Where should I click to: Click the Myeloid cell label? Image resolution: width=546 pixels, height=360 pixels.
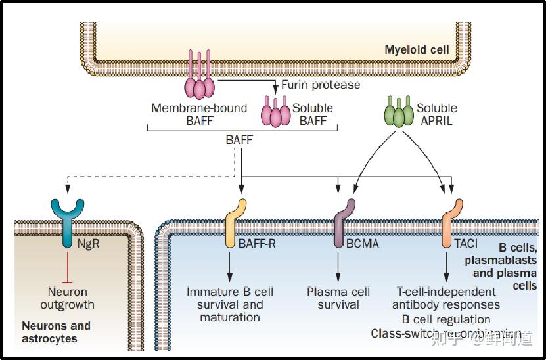pyautogui.click(x=417, y=50)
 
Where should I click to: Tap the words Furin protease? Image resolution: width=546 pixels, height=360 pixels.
pyautogui.click(x=321, y=85)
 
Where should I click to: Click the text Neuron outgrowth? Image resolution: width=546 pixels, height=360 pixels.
pyautogui.click(x=67, y=298)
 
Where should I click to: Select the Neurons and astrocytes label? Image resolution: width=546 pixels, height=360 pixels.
pyautogui.click(x=56, y=332)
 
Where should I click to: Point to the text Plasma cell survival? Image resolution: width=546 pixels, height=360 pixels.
pyautogui.click(x=338, y=298)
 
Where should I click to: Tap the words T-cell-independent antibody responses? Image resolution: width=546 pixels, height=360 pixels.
pyautogui.click(x=445, y=298)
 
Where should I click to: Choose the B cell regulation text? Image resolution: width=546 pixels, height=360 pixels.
pyautogui.click(x=446, y=319)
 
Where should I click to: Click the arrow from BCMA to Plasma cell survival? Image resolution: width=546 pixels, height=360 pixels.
pyautogui.click(x=338, y=266)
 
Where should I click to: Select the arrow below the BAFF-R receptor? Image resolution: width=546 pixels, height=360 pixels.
pyautogui.click(x=230, y=266)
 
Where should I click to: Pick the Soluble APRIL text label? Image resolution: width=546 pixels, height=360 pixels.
pyautogui.click(x=436, y=114)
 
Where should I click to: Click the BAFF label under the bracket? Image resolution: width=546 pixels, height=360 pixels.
pyautogui.click(x=239, y=139)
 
